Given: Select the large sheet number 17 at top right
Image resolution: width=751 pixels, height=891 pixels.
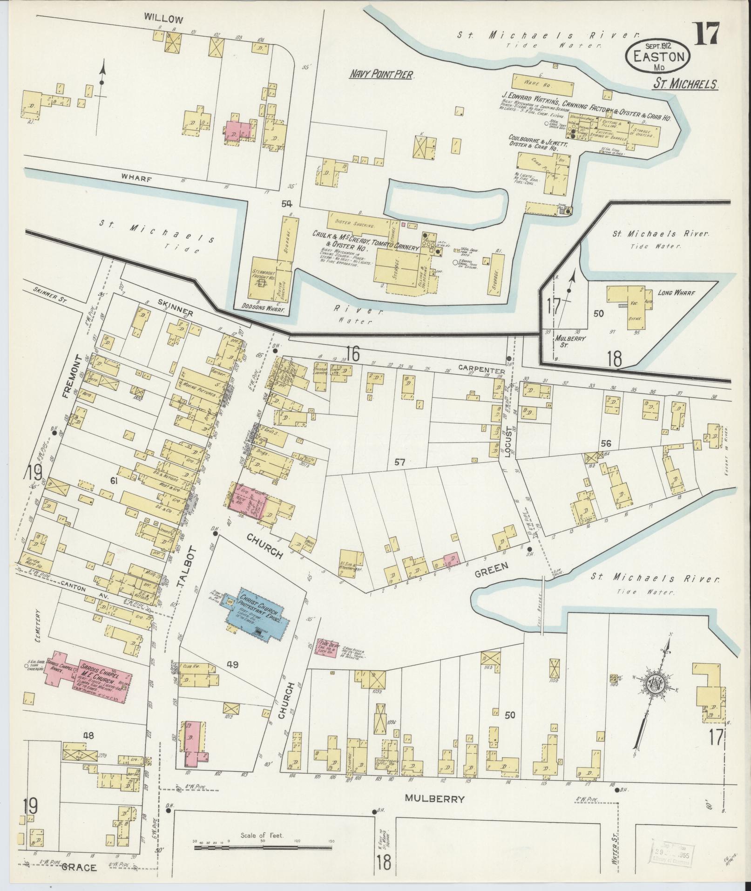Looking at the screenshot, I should (708, 35).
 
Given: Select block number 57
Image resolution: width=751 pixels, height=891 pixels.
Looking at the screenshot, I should (399, 463).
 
